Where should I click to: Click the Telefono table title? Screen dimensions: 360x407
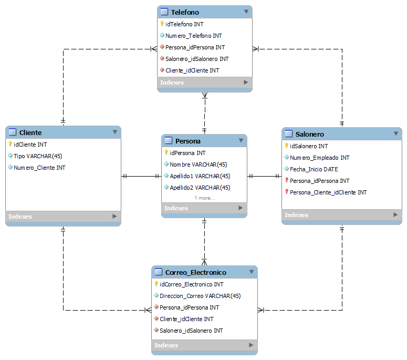pos(185,12)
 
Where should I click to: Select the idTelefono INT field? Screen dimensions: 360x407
pos(184,24)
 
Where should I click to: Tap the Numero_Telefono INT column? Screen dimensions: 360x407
pos(193,36)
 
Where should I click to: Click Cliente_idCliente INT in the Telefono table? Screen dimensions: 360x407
pos(192,70)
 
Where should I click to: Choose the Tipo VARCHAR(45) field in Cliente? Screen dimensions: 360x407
pos(38,156)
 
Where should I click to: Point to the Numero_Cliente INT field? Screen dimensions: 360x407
pos(39,168)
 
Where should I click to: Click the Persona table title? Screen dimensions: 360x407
pos(187,141)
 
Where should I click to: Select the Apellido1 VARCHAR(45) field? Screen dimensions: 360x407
pos(200,176)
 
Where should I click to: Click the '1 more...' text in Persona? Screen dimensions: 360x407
pos(204,198)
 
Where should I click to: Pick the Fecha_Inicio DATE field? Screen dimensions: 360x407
pos(314,169)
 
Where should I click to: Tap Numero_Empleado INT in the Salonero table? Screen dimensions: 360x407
pos(319,158)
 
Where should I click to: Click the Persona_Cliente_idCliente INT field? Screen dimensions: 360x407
pos(328,192)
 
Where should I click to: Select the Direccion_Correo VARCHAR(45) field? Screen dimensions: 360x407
pos(200,296)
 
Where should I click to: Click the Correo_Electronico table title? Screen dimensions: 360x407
pos(195,272)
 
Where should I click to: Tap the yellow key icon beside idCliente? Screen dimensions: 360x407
pos(10,144)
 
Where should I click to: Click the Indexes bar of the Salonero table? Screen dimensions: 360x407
pos(341,215)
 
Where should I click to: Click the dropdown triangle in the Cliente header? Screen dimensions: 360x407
pos(115,132)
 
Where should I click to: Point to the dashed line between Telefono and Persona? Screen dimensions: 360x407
pos(205,113)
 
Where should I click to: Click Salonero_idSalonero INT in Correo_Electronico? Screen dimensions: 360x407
pos(191,331)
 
